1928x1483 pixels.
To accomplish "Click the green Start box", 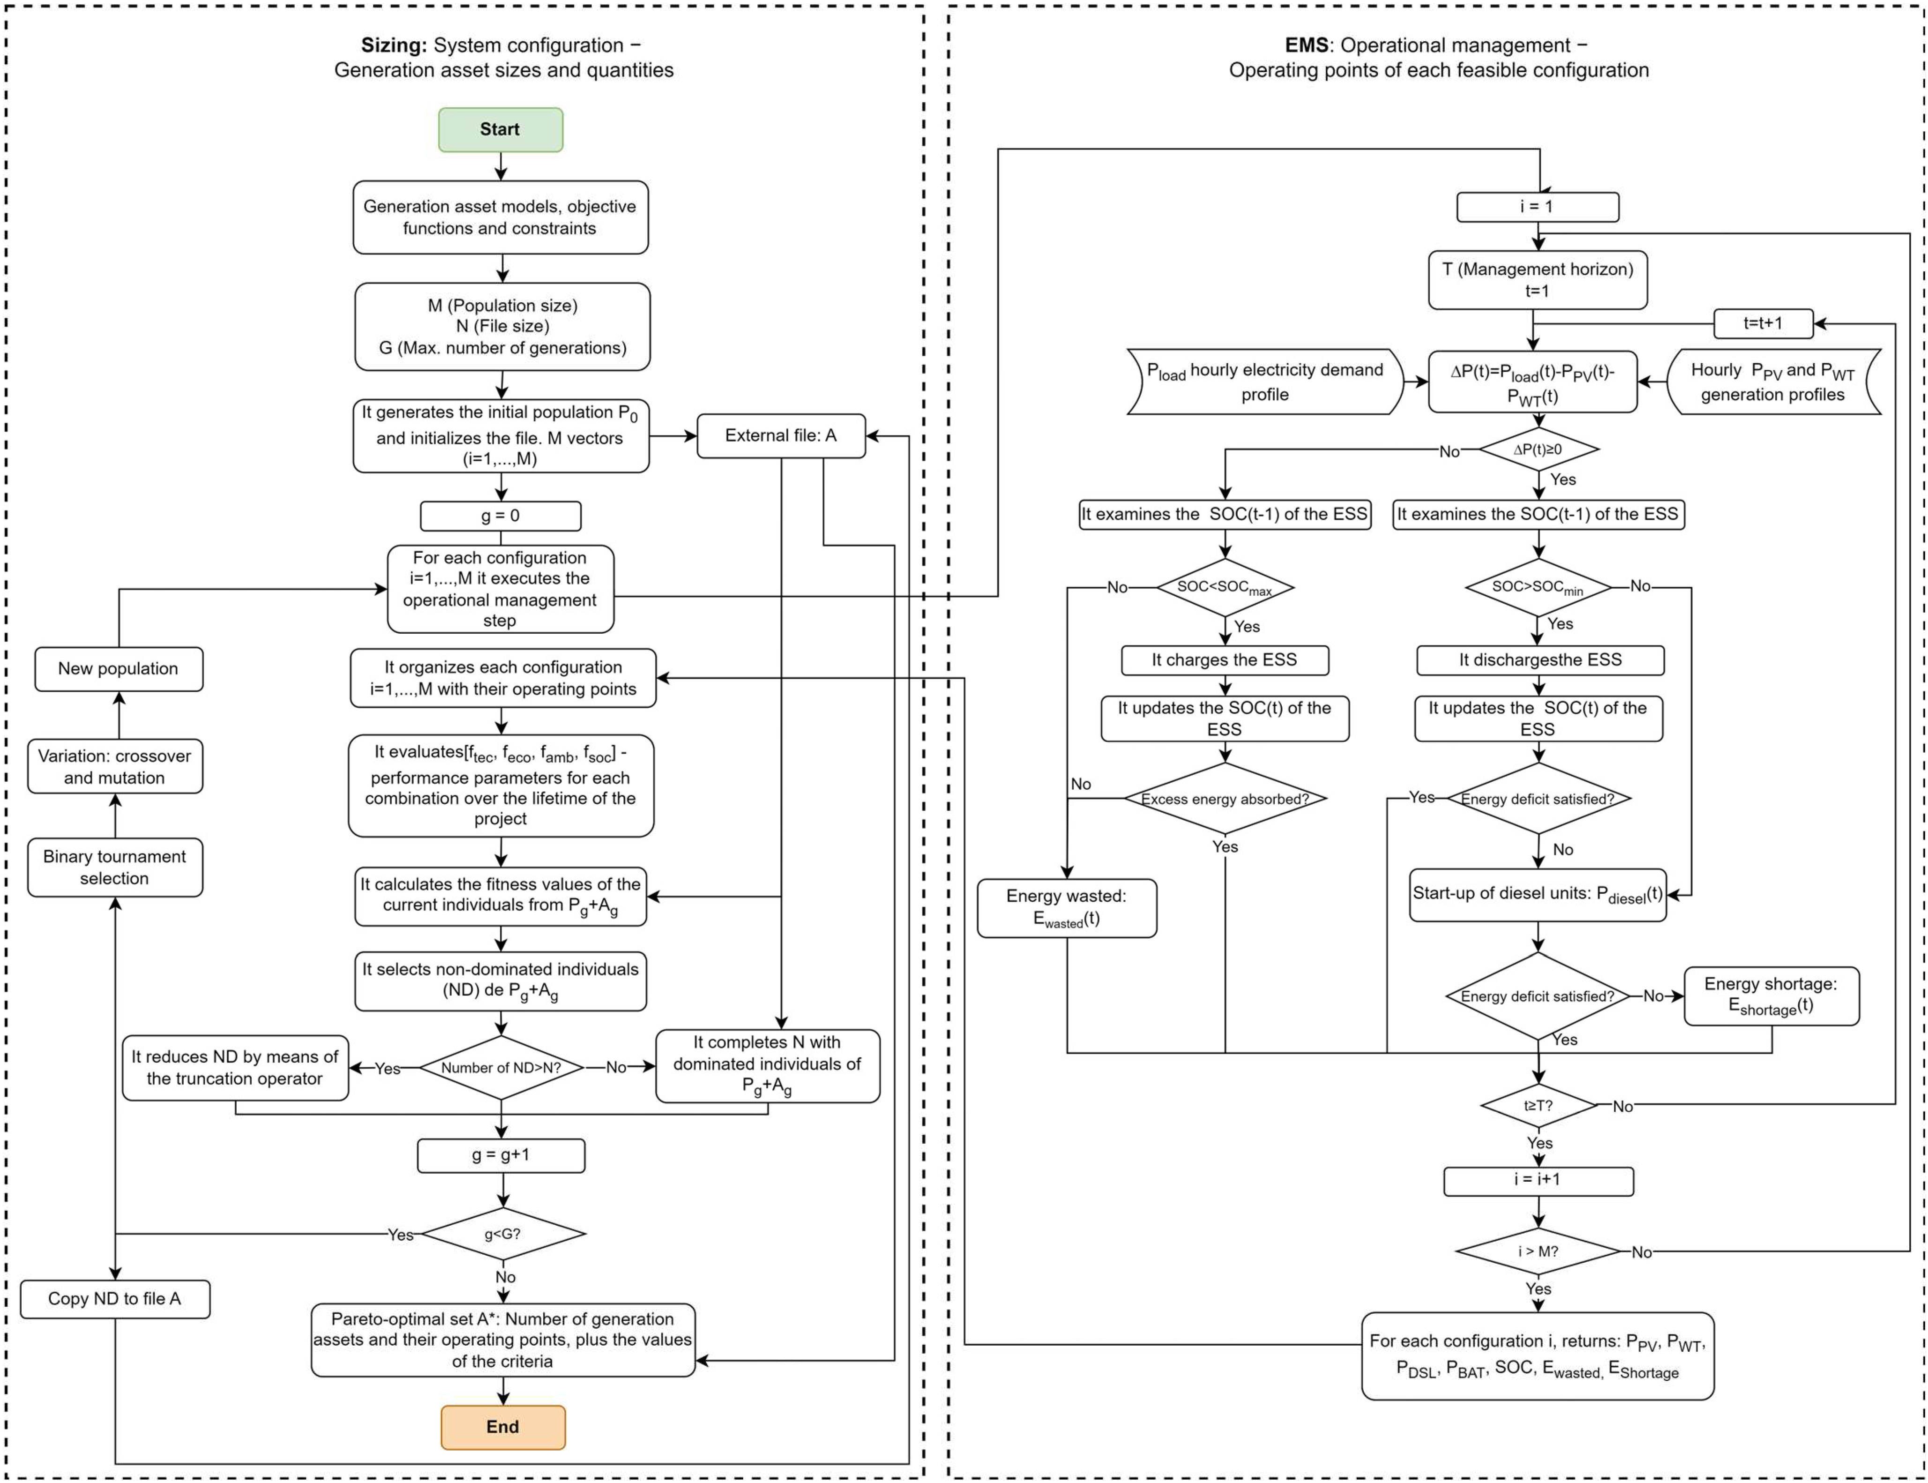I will pos(501,130).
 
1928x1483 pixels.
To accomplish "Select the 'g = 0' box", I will pos(501,516).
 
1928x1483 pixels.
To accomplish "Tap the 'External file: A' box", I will pos(781,435).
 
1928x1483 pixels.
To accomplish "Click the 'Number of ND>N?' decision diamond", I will pos(501,1067).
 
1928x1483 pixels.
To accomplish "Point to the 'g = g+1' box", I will pos(501,1154).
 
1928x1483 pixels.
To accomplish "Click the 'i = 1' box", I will pos(1537,207).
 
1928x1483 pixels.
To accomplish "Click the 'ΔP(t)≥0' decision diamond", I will pos(1538,449).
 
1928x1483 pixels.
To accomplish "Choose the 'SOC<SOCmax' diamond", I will pos(1225,587).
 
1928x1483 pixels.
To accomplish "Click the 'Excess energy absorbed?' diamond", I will pos(1225,799).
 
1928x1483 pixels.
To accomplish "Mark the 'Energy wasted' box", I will pos(1067,907).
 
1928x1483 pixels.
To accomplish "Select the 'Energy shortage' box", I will pos(1771,996).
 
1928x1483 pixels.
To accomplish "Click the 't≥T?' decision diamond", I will pos(1538,1105).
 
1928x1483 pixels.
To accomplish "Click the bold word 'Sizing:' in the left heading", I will pos(394,45).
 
